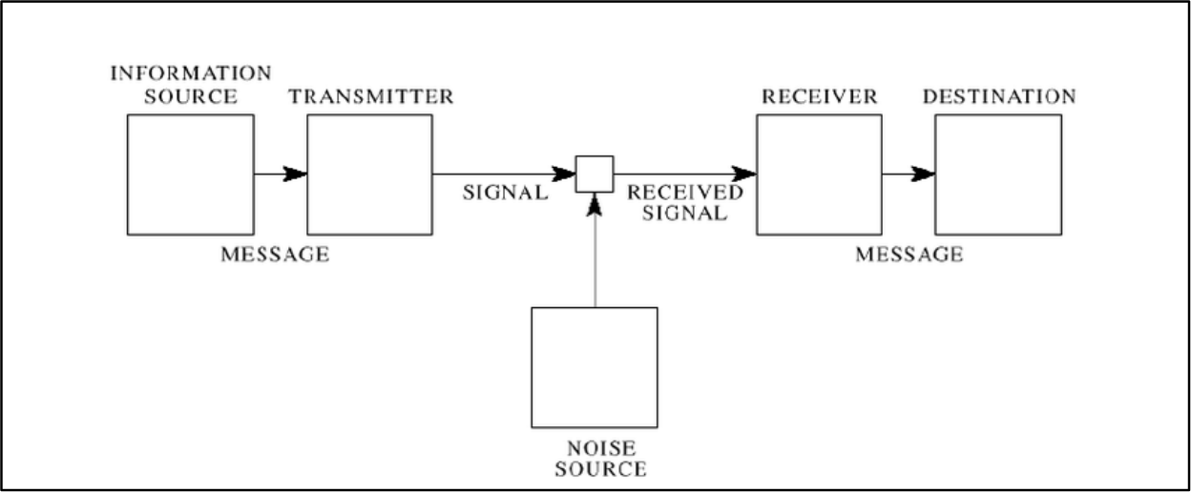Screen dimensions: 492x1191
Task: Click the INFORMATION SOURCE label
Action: tap(190, 84)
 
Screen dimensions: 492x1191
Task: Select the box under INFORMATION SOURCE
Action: tap(190, 174)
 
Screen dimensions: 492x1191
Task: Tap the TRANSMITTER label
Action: tap(371, 96)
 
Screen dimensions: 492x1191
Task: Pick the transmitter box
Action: tap(370, 174)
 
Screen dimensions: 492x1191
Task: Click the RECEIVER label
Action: tap(818, 96)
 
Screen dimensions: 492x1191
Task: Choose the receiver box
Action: tap(819, 174)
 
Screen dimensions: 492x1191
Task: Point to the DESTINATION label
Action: tap(999, 96)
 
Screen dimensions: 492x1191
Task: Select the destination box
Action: tap(998, 174)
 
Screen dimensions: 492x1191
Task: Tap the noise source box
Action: tap(595, 367)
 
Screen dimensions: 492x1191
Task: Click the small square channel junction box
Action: tap(595, 174)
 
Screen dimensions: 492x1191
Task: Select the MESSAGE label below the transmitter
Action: tap(275, 255)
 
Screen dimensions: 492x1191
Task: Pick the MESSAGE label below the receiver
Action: tap(909, 255)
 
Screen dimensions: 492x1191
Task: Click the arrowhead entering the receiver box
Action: tap(745, 174)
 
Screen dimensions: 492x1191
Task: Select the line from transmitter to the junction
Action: tap(504, 174)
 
